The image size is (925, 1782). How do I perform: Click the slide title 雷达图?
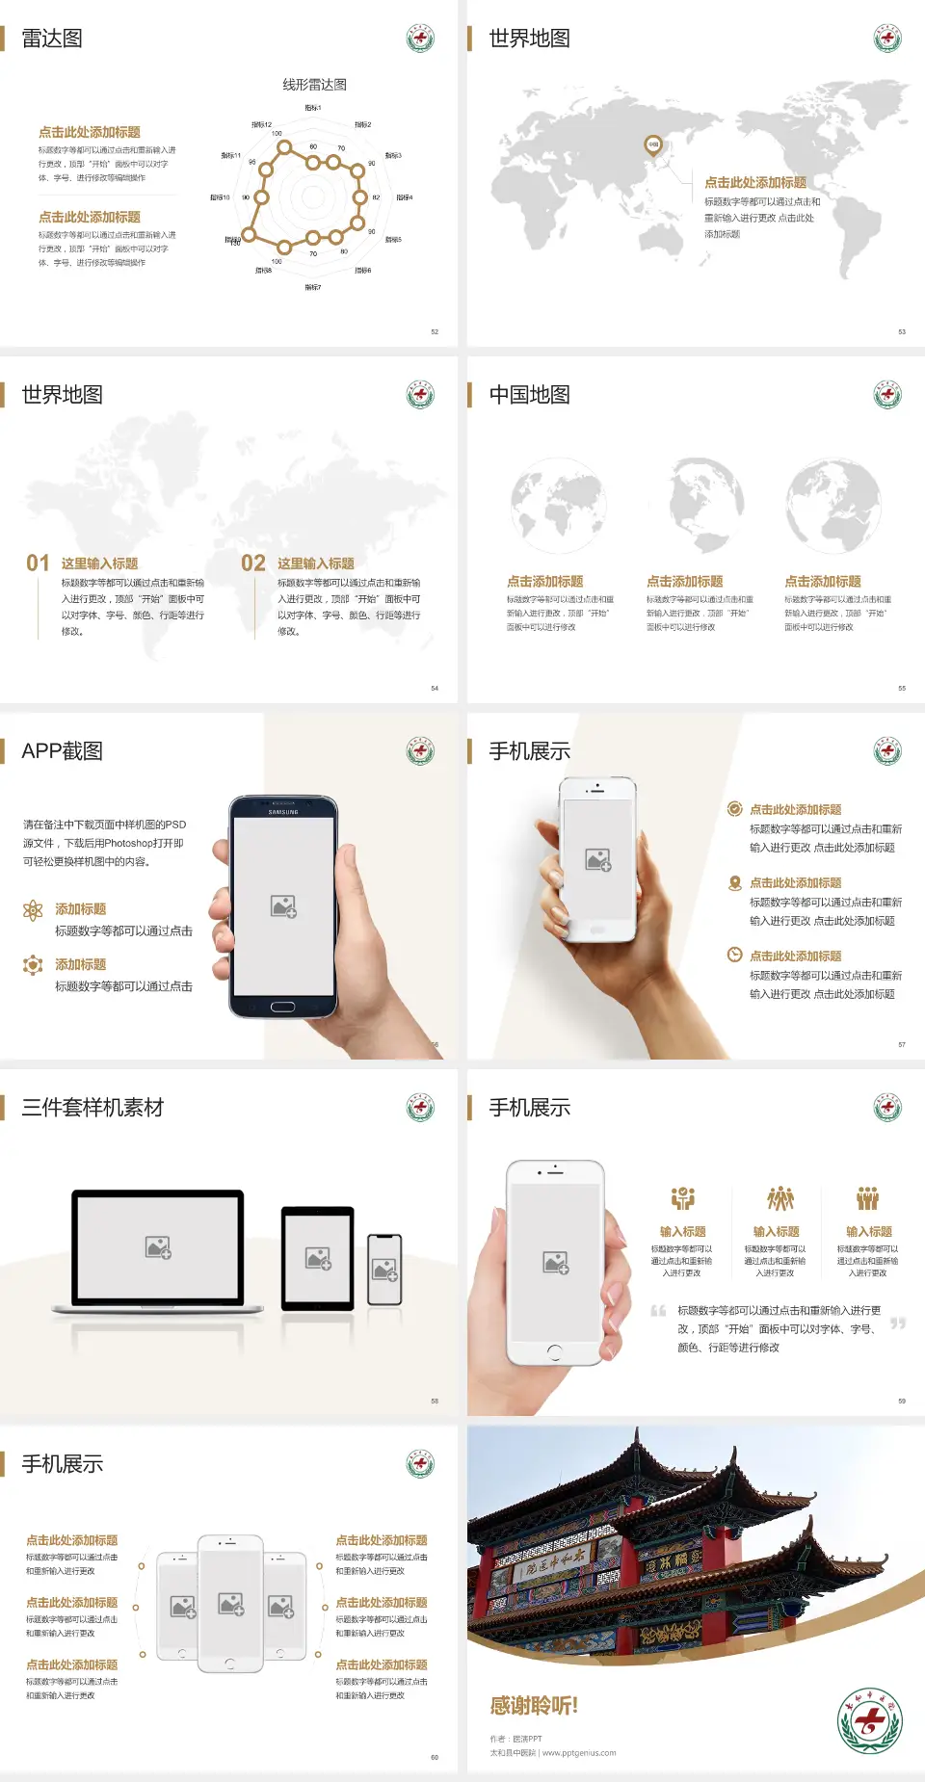[52, 39]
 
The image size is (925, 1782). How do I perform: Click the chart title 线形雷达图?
[314, 85]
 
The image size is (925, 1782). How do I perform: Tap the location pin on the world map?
[652, 145]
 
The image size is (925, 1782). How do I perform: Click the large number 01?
[38, 563]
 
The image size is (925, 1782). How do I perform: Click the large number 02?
[253, 563]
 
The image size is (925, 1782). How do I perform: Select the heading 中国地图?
[529, 395]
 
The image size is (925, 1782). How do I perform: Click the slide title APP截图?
[62, 751]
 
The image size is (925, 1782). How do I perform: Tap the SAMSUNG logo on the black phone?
[283, 812]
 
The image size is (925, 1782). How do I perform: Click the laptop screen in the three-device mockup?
[158, 1246]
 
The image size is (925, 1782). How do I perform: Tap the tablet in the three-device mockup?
[318, 1257]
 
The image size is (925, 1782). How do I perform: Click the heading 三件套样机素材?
[92, 1108]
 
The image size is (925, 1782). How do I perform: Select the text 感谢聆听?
[534, 1706]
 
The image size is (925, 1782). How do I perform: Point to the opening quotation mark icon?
[658, 1311]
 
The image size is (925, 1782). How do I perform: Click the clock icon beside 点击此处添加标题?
[734, 955]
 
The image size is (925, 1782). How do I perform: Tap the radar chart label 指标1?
[313, 108]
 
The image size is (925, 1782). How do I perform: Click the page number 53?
[902, 331]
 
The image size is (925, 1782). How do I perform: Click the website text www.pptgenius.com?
[579, 1753]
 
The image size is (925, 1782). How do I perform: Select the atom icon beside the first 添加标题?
[33, 910]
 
